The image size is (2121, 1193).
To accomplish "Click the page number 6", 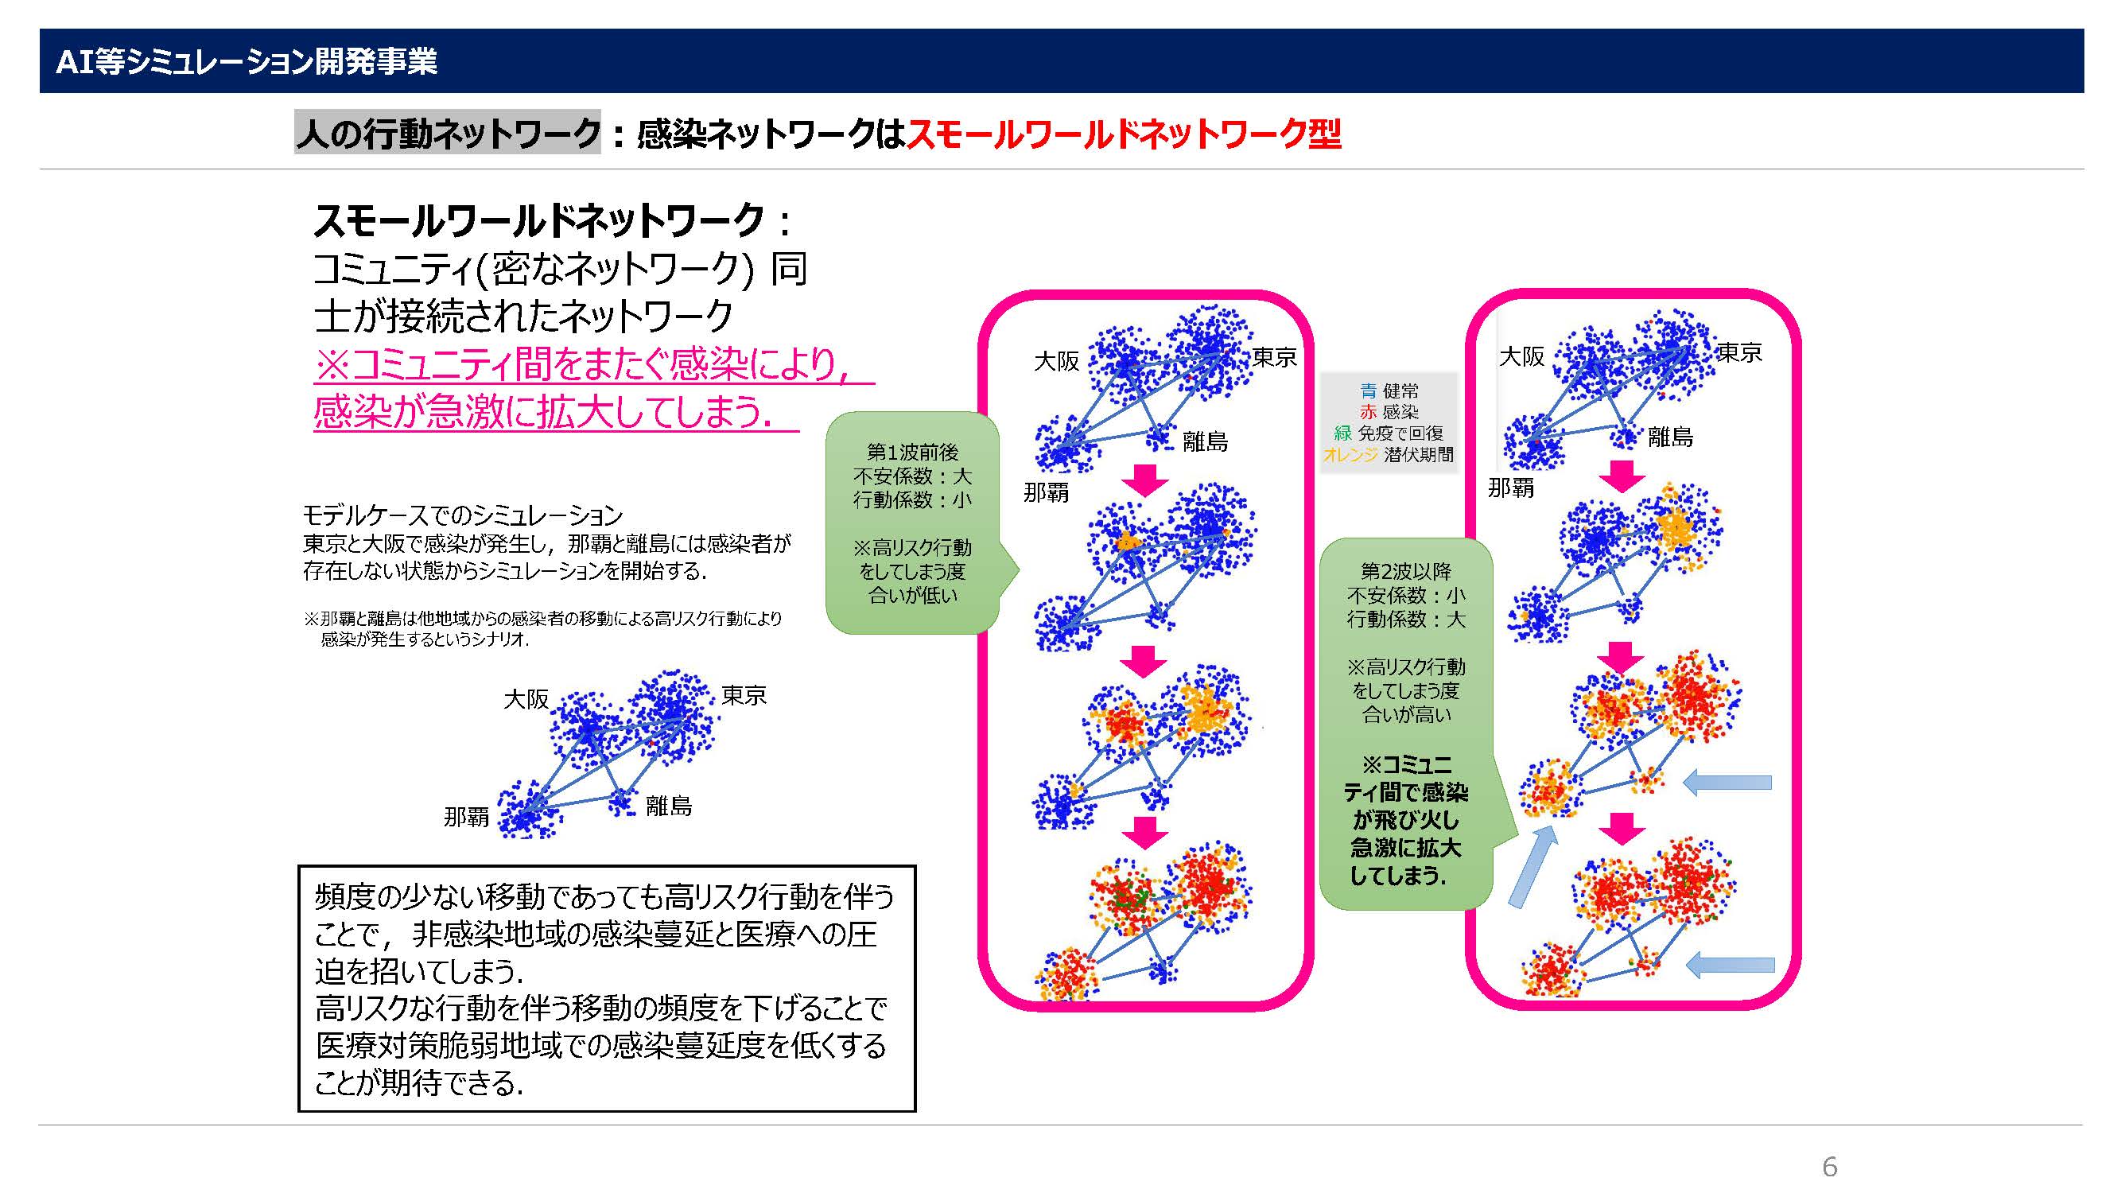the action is point(1829,1167).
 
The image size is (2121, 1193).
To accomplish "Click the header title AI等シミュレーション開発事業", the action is point(247,62).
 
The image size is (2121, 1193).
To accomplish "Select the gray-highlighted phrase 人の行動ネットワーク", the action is point(449,133).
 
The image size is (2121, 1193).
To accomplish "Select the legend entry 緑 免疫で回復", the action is point(1389,433).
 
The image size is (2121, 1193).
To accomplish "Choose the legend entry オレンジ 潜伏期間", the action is point(1389,454).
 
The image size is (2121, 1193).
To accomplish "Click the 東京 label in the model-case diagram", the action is point(744,696).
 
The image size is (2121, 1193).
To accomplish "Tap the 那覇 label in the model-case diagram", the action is point(467,817).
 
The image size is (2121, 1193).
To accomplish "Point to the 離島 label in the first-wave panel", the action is point(1206,442).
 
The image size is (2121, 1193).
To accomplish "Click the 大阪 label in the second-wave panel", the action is point(1521,356).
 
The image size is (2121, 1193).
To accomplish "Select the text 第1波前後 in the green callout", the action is point(912,452).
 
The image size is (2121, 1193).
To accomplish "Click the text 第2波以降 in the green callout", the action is point(1405,570).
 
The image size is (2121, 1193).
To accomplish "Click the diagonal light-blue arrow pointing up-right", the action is point(1533,866).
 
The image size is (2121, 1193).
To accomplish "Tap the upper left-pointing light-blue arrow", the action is point(1727,782).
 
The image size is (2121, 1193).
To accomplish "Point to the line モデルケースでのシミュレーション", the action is point(463,515).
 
